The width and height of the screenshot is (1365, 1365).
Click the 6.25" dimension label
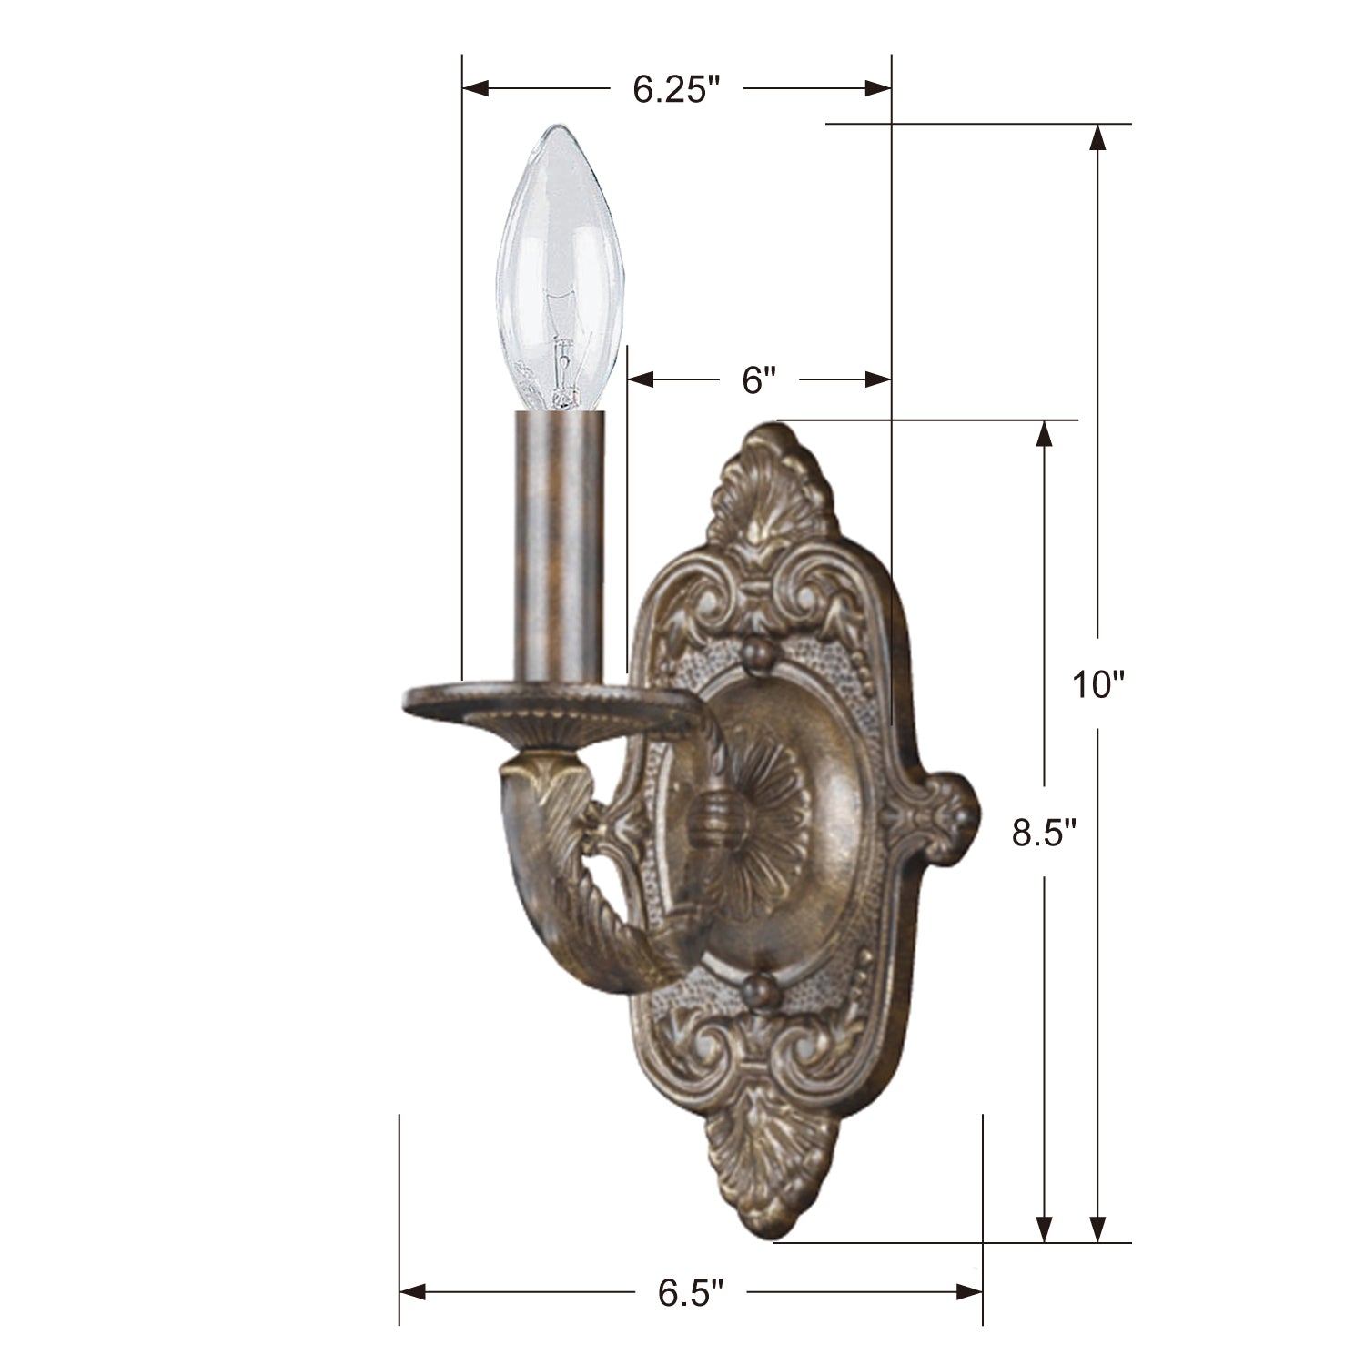[676, 89]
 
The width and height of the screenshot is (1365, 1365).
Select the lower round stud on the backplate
[757, 990]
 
